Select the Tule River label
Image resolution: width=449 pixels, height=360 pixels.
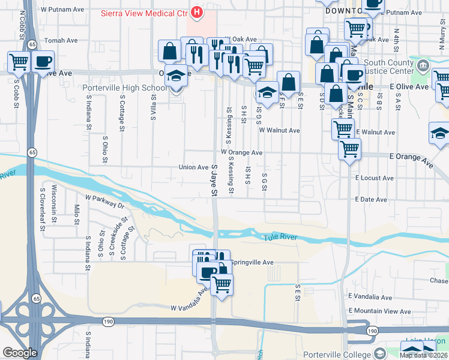(281, 238)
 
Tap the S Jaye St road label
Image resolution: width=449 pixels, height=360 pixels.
(213, 181)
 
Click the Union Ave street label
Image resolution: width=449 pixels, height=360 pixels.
(193, 167)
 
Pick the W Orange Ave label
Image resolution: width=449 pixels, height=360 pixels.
(241, 152)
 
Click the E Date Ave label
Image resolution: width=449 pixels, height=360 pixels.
(371, 199)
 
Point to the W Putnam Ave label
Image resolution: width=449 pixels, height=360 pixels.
(62, 10)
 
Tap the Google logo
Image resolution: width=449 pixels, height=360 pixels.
(20, 353)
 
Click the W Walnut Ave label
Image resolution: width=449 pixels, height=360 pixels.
(279, 130)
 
